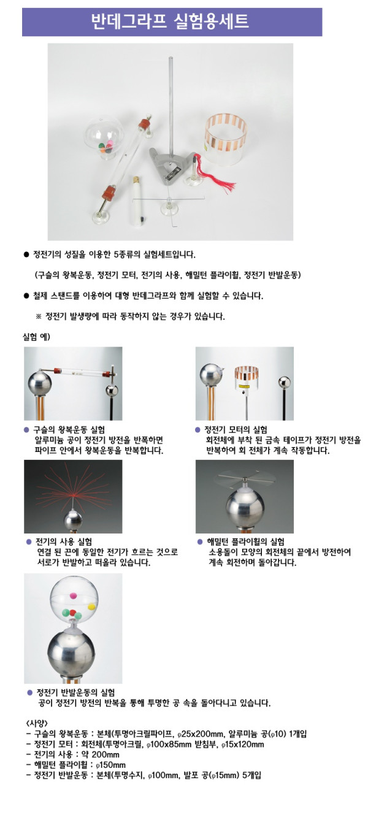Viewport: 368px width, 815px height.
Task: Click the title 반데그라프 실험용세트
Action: (169, 22)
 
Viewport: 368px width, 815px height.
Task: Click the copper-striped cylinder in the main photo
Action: (225, 140)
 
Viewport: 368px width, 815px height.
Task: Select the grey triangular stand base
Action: (171, 166)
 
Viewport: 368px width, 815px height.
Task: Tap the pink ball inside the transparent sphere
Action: (73, 595)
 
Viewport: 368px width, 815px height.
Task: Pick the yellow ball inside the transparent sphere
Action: (91, 606)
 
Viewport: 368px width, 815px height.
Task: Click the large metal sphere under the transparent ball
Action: (71, 652)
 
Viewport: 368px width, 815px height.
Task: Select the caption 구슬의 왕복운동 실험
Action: (69, 430)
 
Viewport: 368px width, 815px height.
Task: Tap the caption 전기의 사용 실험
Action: (64, 541)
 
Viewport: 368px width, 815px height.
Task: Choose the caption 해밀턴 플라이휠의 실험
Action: (246, 541)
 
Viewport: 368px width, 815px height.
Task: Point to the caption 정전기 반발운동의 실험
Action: (76, 692)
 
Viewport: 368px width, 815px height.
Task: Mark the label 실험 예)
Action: (36, 337)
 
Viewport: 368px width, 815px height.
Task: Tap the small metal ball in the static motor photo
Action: (285, 383)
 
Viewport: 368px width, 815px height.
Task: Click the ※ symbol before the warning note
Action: (39, 316)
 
